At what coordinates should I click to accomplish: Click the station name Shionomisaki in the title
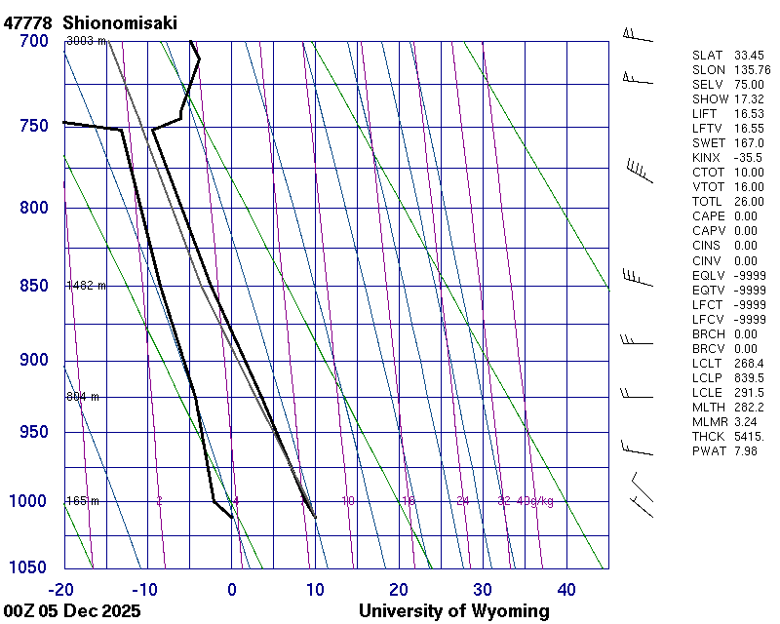click(119, 22)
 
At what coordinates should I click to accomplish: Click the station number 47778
click(28, 22)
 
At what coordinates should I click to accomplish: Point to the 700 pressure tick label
click(33, 41)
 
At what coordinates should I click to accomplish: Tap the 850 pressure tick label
click(33, 286)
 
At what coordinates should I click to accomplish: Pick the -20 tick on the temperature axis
click(61, 589)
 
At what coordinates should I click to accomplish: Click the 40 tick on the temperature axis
click(566, 589)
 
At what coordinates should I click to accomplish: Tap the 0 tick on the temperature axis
click(232, 589)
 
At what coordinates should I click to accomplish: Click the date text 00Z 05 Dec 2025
click(72, 611)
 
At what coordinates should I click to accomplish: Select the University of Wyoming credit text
click(453, 611)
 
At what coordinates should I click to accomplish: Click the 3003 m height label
click(86, 41)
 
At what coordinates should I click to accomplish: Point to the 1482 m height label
click(86, 286)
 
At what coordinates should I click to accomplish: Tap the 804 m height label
click(83, 397)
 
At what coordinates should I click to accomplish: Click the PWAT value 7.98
click(746, 450)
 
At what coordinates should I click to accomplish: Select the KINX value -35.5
click(748, 158)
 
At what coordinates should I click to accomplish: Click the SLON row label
click(709, 70)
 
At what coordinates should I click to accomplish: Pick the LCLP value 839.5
click(748, 377)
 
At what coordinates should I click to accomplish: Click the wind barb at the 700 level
click(637, 36)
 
